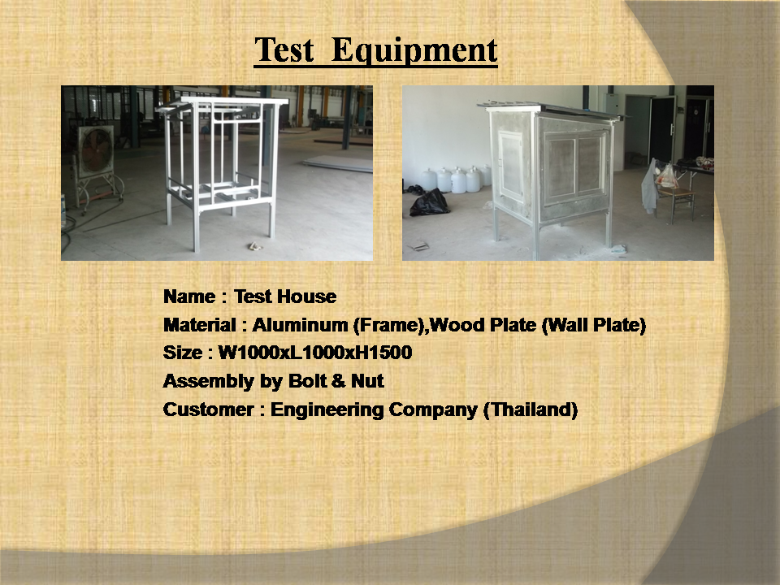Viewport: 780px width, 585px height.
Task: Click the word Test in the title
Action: point(284,50)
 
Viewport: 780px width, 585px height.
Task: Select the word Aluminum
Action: point(300,325)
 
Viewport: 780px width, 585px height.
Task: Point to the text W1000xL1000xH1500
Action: point(315,353)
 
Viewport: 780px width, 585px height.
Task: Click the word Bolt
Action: point(308,381)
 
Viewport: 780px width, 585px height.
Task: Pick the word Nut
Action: point(367,381)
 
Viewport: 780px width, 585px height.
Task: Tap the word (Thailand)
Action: point(531,409)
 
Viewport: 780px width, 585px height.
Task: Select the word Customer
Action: point(209,409)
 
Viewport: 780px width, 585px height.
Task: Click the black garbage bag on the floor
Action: point(429,201)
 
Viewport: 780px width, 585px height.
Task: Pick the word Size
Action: point(183,353)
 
